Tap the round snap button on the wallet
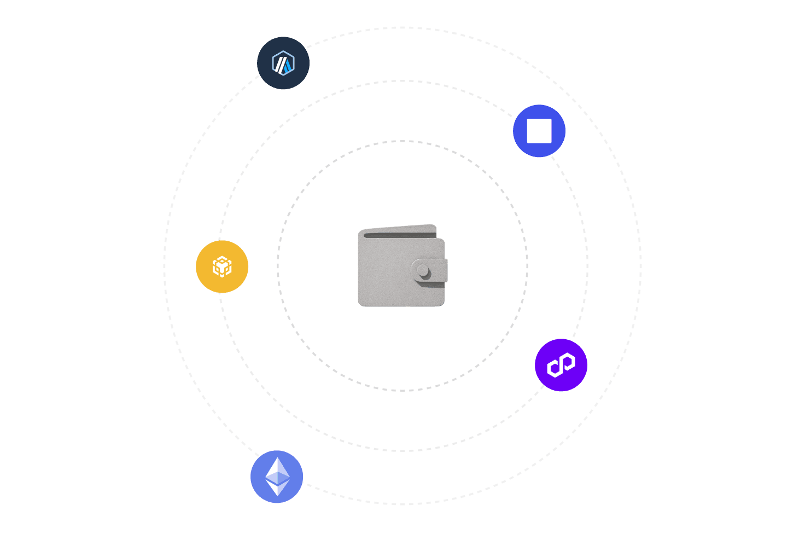(x=423, y=270)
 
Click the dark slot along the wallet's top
(x=399, y=235)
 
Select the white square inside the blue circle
(x=539, y=131)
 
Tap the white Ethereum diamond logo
(x=277, y=477)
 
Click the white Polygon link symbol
(x=561, y=365)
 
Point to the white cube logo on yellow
(x=222, y=267)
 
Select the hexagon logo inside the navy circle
(x=283, y=63)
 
